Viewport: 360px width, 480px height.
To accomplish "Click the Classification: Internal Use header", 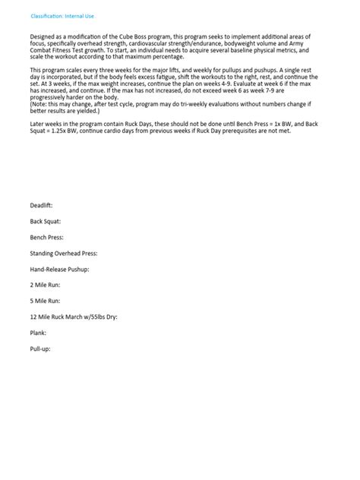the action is [62, 15].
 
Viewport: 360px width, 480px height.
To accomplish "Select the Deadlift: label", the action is [41, 205].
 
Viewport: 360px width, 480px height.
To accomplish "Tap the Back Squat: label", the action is [46, 221].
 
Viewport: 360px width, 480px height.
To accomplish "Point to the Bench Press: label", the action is [46, 237].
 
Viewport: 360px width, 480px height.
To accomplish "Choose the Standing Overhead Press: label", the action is [64, 253].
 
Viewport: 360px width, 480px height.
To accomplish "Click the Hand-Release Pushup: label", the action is [60, 269].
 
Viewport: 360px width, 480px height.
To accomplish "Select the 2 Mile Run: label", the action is [45, 285].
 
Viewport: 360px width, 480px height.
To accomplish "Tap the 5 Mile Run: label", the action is [45, 301].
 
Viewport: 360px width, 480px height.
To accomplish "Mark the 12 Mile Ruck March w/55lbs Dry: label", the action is [74, 317].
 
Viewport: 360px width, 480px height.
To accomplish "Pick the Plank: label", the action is [38, 333].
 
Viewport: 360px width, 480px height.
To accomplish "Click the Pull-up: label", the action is [39, 349].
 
